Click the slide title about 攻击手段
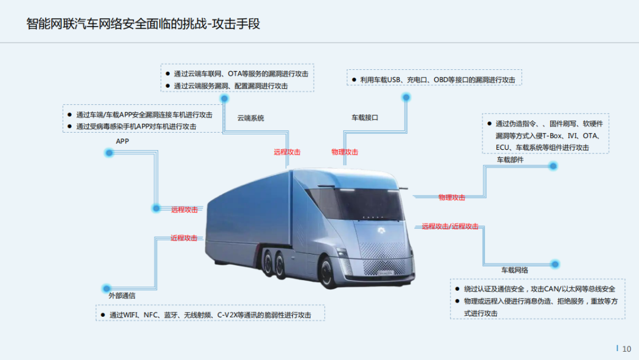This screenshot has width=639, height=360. click(x=144, y=24)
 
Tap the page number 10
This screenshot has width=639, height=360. click(x=627, y=349)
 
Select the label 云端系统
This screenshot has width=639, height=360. click(x=251, y=118)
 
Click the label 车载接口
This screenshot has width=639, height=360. click(x=365, y=118)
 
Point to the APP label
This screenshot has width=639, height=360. click(x=122, y=142)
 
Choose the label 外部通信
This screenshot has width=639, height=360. click(x=122, y=295)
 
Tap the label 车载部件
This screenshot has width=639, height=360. click(x=510, y=160)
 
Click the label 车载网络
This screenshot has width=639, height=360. click(x=515, y=270)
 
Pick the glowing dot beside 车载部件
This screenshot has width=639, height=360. click(x=553, y=166)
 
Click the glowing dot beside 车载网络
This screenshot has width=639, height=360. click(x=555, y=264)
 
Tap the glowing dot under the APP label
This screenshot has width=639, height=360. click(x=109, y=153)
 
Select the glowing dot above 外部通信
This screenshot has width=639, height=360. click(x=106, y=288)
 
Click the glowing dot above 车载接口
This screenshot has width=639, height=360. click(x=406, y=97)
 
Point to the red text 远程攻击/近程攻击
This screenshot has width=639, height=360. click(x=450, y=226)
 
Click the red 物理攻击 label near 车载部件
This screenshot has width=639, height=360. click(x=451, y=198)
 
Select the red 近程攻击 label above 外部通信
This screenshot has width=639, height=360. click(x=184, y=238)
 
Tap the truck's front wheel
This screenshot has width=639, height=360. click(x=329, y=274)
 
